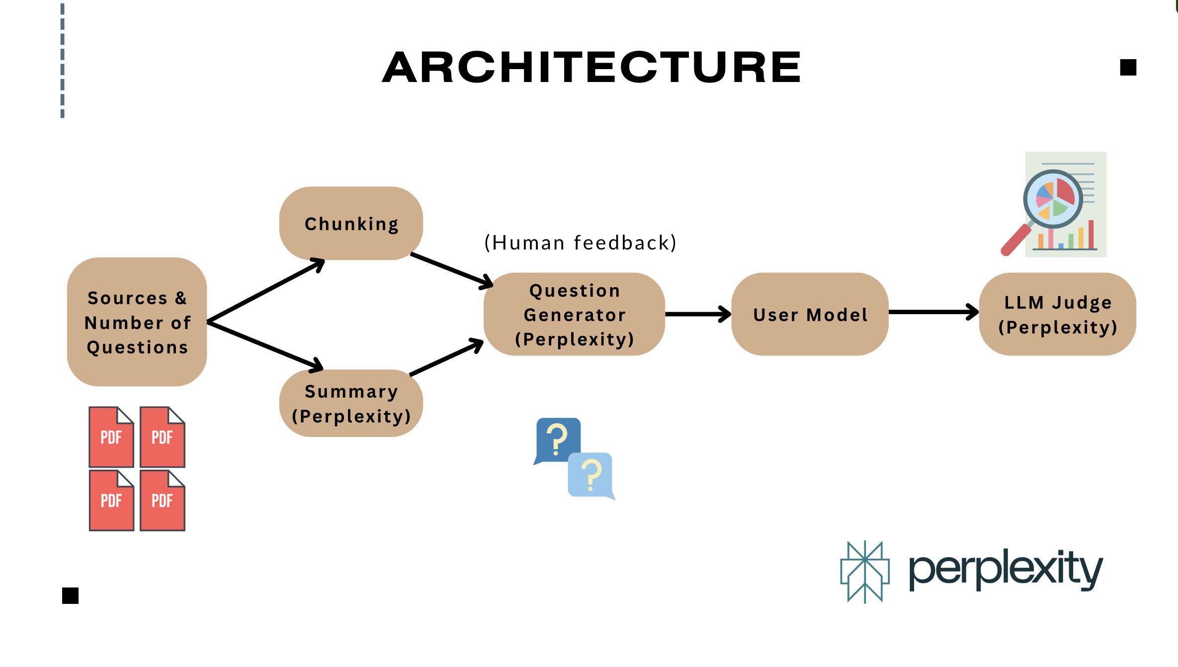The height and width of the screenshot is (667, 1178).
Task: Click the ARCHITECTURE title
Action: [591, 67]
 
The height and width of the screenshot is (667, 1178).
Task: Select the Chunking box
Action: [351, 223]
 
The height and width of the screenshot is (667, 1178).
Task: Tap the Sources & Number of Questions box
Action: [137, 322]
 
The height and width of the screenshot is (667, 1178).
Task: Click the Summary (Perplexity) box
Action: [351, 403]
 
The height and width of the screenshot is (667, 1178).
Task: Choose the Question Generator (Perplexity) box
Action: [574, 314]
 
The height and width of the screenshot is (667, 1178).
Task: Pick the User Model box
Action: [810, 314]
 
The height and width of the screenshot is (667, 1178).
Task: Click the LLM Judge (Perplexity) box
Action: [1058, 314]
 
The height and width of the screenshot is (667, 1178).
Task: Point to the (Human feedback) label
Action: [581, 243]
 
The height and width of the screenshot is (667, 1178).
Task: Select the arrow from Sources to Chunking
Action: [266, 290]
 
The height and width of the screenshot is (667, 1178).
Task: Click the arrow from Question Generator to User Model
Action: [698, 314]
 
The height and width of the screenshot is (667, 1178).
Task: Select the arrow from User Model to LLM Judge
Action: [934, 312]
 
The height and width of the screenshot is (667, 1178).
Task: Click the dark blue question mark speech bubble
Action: [557, 441]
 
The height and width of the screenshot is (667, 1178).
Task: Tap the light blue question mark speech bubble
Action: [591, 476]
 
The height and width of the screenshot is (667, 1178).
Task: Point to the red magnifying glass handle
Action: [1016, 240]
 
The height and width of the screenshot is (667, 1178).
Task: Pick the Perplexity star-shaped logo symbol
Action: [865, 572]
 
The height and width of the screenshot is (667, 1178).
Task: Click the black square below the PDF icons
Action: [70, 595]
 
